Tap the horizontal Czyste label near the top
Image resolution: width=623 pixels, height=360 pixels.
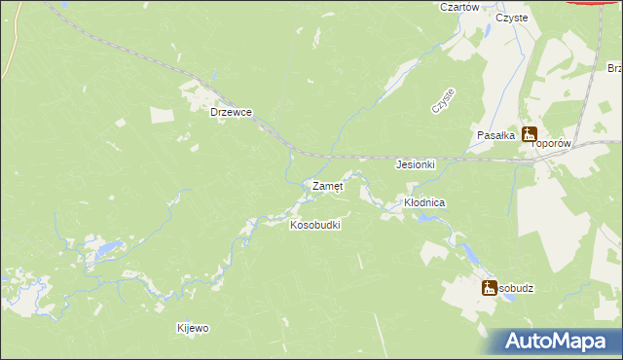pos(511,18)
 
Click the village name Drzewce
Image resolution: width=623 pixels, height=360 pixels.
pos(232,112)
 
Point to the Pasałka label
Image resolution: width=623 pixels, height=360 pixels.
pos(495,136)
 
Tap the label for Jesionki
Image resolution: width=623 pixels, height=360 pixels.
pos(415,164)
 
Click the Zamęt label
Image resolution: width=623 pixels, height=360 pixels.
pos(326,185)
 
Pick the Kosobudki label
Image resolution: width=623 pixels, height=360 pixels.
pos(314,225)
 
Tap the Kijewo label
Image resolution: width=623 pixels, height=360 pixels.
pos(193,328)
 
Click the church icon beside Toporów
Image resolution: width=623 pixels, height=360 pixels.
pos(530,134)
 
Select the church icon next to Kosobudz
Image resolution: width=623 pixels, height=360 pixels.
pos(489,287)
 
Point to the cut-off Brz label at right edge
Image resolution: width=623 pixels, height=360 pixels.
pos(614,68)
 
